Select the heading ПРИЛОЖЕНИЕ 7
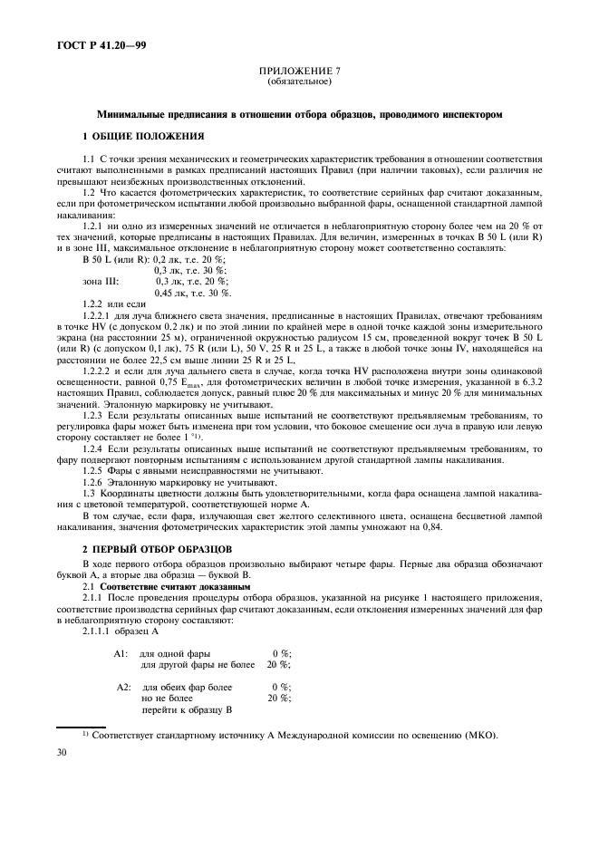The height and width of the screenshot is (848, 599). (x=299, y=71)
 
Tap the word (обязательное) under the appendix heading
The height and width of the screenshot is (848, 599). (x=299, y=81)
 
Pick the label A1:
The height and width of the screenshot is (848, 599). (x=121, y=653)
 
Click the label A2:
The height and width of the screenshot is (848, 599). (x=125, y=688)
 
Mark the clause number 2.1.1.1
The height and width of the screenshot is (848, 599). (x=99, y=631)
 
